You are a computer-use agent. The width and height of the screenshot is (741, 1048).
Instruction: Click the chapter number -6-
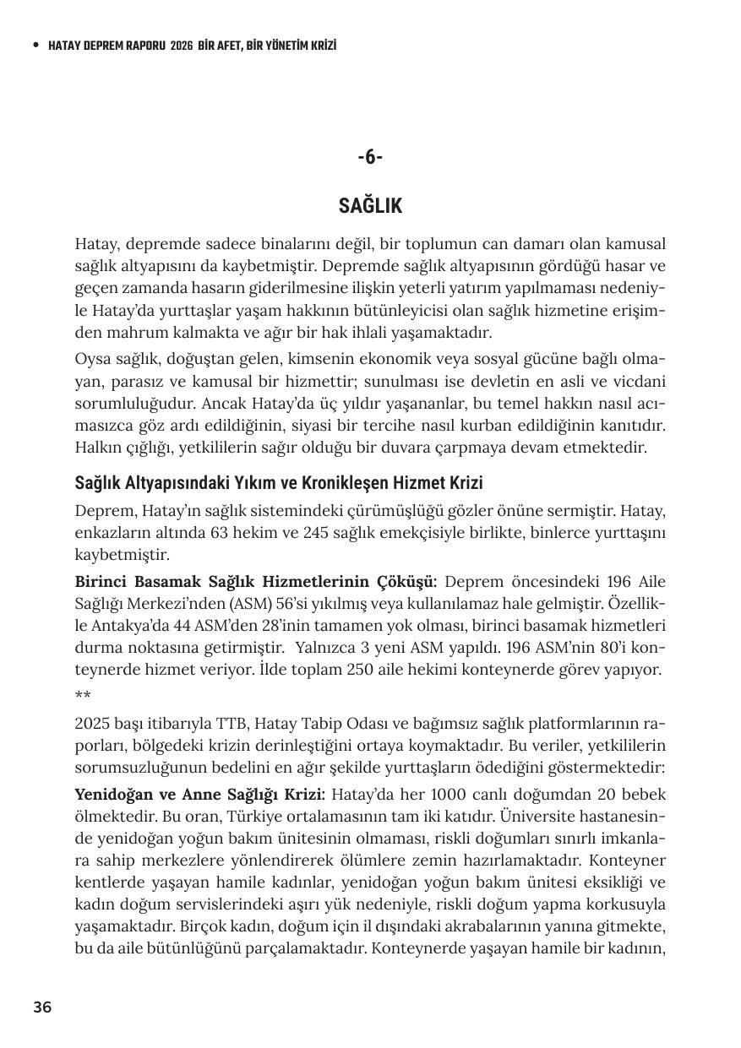(370, 157)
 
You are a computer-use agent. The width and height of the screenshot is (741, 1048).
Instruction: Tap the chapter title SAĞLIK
(370, 206)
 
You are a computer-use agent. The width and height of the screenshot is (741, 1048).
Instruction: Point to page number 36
(42, 1007)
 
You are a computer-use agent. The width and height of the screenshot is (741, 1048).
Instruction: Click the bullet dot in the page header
(35, 46)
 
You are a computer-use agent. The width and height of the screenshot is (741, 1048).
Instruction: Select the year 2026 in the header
(182, 46)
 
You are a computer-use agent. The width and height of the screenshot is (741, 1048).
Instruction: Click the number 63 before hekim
(222, 534)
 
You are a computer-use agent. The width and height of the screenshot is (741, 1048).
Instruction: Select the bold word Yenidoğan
(112, 795)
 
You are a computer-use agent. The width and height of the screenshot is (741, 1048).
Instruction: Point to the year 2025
(93, 724)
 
